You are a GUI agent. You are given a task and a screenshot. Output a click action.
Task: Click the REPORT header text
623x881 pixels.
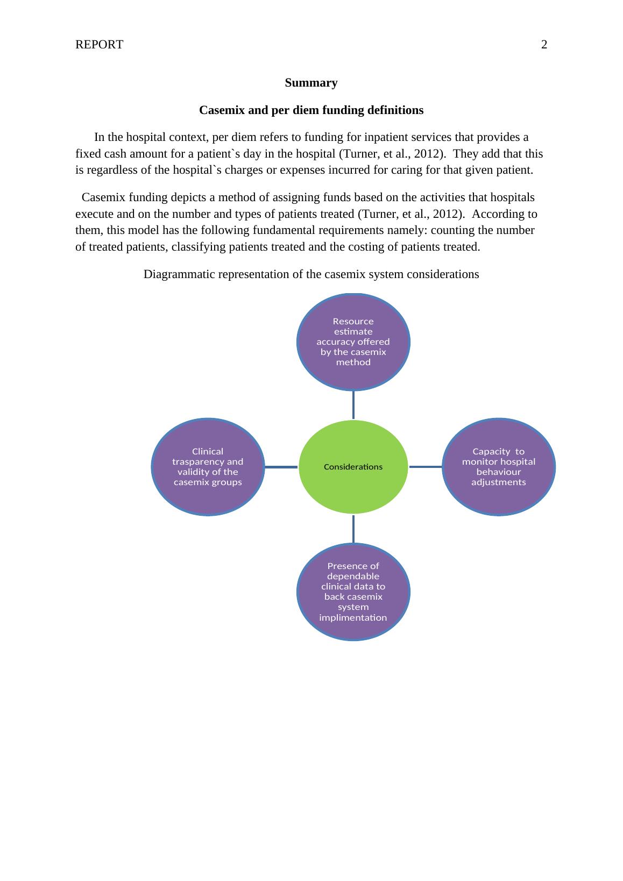click(99, 45)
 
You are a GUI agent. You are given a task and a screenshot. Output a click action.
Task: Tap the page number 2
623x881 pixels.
click(544, 45)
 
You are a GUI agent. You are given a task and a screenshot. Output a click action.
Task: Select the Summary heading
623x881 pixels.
click(311, 83)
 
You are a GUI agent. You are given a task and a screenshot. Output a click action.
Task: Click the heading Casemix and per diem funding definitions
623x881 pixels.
click(311, 110)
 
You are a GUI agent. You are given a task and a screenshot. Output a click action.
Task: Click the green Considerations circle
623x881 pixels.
click(353, 467)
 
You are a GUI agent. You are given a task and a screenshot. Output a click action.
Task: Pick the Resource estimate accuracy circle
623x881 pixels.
click(353, 342)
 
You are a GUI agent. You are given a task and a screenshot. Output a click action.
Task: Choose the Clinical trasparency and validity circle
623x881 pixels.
click(208, 467)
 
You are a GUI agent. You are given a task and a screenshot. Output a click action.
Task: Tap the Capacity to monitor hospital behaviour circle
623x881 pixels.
click(499, 467)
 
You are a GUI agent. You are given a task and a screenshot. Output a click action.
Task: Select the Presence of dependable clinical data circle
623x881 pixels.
click(353, 592)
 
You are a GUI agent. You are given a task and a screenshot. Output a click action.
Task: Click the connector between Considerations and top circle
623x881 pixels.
click(353, 404)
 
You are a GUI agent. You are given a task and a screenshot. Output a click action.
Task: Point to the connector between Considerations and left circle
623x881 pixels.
click(281, 467)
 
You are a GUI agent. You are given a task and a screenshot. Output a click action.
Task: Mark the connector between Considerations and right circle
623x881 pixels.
click(426, 467)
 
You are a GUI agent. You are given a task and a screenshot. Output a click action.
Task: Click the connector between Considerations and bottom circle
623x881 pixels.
click(353, 529)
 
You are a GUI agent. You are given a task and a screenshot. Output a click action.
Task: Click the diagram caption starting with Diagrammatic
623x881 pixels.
click(311, 274)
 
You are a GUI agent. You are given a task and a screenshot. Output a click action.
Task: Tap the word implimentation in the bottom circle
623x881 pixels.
click(353, 617)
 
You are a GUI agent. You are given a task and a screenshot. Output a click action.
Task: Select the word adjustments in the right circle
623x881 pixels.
click(499, 482)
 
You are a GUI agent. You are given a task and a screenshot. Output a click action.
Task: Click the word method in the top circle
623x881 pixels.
click(353, 362)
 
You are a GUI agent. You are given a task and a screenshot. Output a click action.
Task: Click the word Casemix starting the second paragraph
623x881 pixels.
click(103, 197)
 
